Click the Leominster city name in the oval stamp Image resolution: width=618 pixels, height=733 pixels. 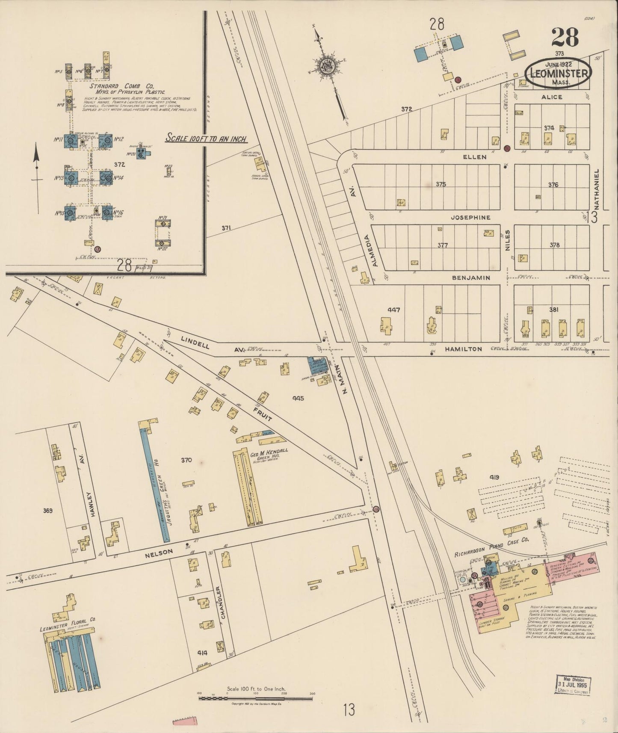[559, 73]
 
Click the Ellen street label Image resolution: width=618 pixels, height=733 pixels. [475, 157]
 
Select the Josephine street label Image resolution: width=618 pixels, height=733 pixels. [470, 217]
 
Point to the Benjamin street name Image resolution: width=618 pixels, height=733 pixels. [472, 278]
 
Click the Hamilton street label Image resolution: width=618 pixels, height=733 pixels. [463, 349]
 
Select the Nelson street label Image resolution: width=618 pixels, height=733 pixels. [159, 552]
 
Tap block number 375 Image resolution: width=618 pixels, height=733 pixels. [441, 184]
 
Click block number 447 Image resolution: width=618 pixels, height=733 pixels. [393, 310]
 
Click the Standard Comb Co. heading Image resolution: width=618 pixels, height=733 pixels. [122, 86]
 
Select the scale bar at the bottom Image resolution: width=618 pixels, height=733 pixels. [256, 698]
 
